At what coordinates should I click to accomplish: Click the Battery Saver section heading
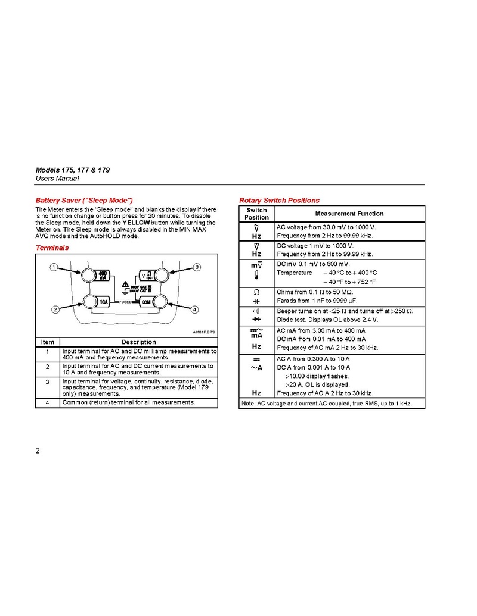[x=83, y=200]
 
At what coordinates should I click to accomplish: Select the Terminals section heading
[x=52, y=247]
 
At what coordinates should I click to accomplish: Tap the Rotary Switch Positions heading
[x=279, y=200]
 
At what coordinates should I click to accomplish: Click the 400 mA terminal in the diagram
[x=97, y=275]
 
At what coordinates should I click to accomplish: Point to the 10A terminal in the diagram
[x=97, y=302]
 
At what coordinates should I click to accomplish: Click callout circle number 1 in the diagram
[x=54, y=267]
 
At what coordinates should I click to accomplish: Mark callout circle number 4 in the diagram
[x=194, y=309]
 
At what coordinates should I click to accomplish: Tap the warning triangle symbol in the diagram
[x=125, y=285]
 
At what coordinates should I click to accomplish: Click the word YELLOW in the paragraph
[x=136, y=222]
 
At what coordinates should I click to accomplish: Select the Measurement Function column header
[x=349, y=214]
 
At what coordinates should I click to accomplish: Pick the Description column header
[x=139, y=342]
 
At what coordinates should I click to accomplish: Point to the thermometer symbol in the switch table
[x=256, y=275]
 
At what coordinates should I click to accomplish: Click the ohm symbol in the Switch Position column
[x=256, y=292]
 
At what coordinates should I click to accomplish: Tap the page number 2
[x=38, y=450]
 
